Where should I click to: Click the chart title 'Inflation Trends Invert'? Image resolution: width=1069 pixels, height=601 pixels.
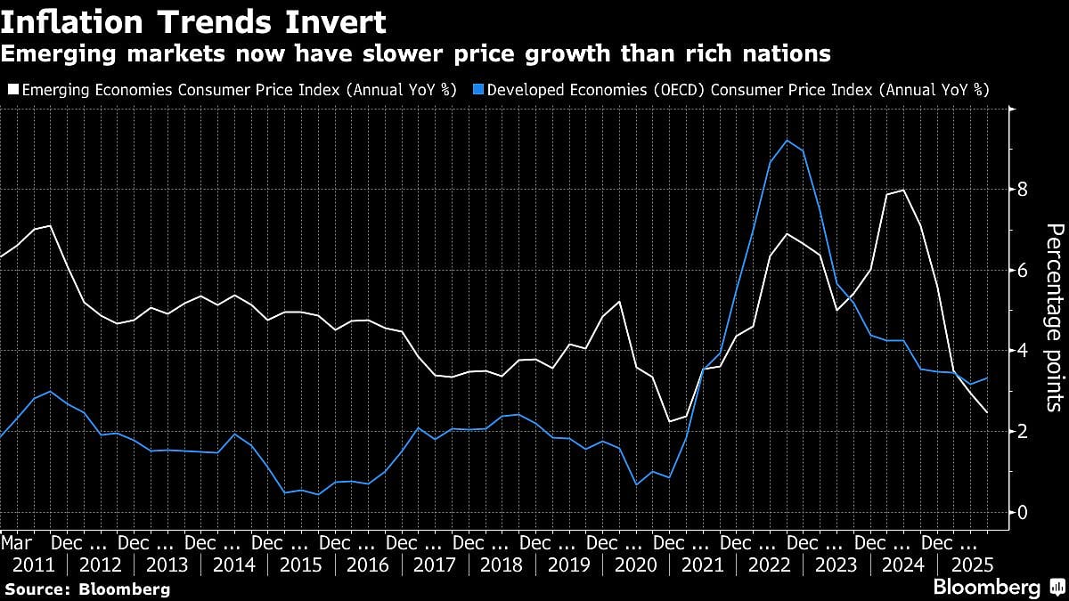pyautogui.click(x=193, y=20)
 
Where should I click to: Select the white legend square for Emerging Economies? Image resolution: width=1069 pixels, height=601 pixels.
pyautogui.click(x=11, y=89)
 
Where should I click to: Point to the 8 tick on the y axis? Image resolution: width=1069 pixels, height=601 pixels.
pyautogui.click(x=1023, y=189)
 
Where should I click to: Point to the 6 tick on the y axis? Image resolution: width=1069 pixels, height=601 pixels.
pyautogui.click(x=1023, y=270)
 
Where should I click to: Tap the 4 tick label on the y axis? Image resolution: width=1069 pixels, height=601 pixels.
pyautogui.click(x=1023, y=351)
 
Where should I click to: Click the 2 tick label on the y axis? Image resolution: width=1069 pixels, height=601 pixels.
pyautogui.click(x=1023, y=431)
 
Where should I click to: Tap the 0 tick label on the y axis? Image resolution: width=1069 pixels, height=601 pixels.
pyautogui.click(x=1023, y=512)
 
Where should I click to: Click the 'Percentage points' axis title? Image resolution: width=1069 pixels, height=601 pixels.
pyautogui.click(x=1053, y=317)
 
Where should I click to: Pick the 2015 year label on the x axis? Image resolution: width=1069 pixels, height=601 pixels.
pyautogui.click(x=301, y=564)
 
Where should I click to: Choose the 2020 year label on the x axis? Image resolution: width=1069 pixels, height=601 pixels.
pyautogui.click(x=635, y=564)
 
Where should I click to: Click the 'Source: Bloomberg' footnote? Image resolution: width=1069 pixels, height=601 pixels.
pyautogui.click(x=86, y=589)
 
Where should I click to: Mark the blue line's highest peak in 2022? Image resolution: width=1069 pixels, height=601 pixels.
pyautogui.click(x=787, y=140)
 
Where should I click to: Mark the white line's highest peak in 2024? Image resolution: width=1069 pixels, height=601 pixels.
pyautogui.click(x=904, y=190)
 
